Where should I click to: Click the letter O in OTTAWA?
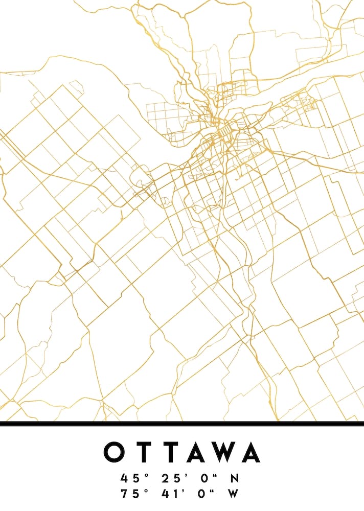click(114, 452)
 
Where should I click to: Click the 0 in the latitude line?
click(204, 479)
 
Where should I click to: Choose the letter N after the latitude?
click(234, 479)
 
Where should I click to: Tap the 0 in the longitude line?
click(204, 494)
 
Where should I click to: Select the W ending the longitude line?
click(234, 494)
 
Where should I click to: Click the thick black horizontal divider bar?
click(182, 424)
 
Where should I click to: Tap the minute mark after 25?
click(183, 475)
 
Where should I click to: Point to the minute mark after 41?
click(183, 491)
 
